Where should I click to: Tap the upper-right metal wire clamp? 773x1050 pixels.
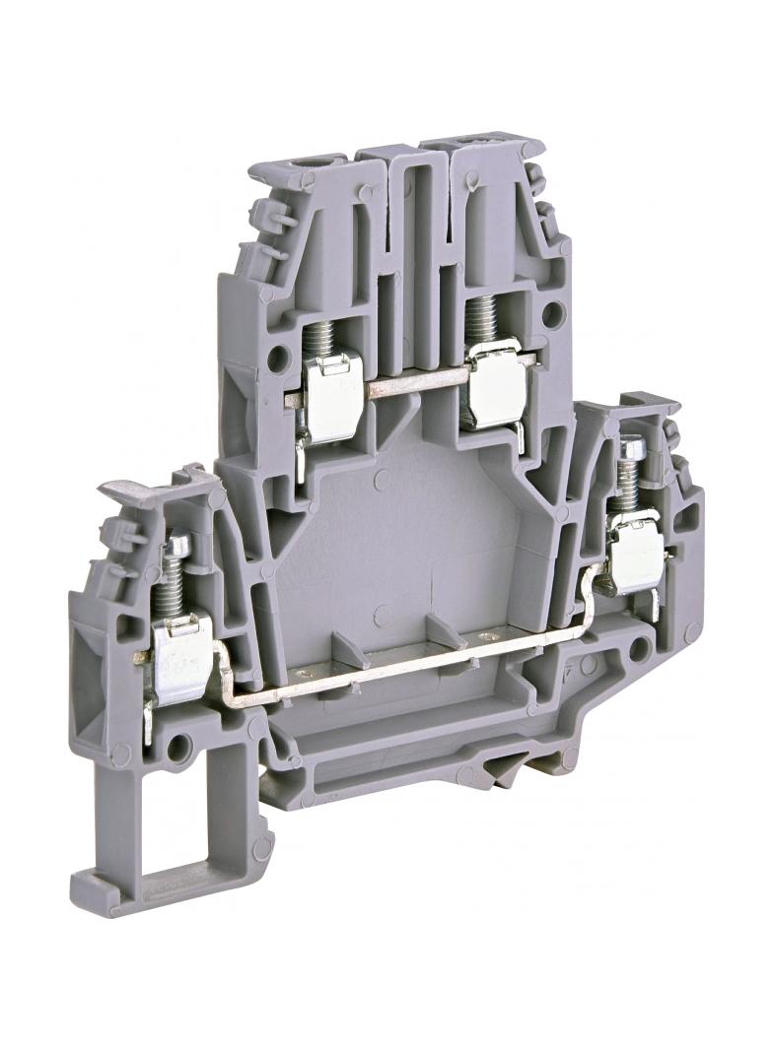494,378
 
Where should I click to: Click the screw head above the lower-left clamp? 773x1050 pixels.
178,544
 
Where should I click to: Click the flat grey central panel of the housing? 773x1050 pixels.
404,532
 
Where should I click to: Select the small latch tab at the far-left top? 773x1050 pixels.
128,490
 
